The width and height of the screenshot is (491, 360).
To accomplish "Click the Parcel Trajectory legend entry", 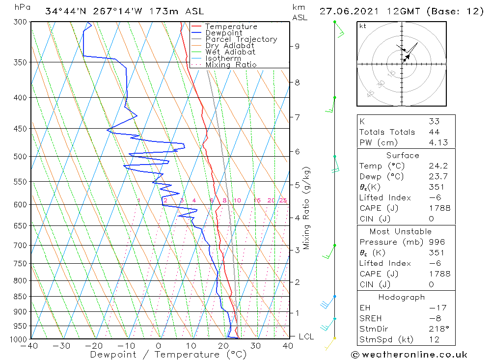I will point(241,39).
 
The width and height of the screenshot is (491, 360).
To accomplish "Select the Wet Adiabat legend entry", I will point(230,52).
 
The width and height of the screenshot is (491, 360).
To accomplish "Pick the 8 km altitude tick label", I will point(297,83).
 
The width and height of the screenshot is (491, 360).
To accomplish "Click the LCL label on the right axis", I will point(306,336).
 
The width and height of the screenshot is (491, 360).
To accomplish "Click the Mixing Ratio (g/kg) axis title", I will point(306,208).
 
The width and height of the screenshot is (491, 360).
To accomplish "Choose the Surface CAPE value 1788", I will point(439,208).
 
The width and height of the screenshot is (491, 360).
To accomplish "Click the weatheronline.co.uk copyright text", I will point(409,355).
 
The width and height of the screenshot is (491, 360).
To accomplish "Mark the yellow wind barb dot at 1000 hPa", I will point(335,338).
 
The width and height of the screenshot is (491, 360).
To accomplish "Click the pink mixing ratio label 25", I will point(283,200).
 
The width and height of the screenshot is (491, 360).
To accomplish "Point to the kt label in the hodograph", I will point(363,26).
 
